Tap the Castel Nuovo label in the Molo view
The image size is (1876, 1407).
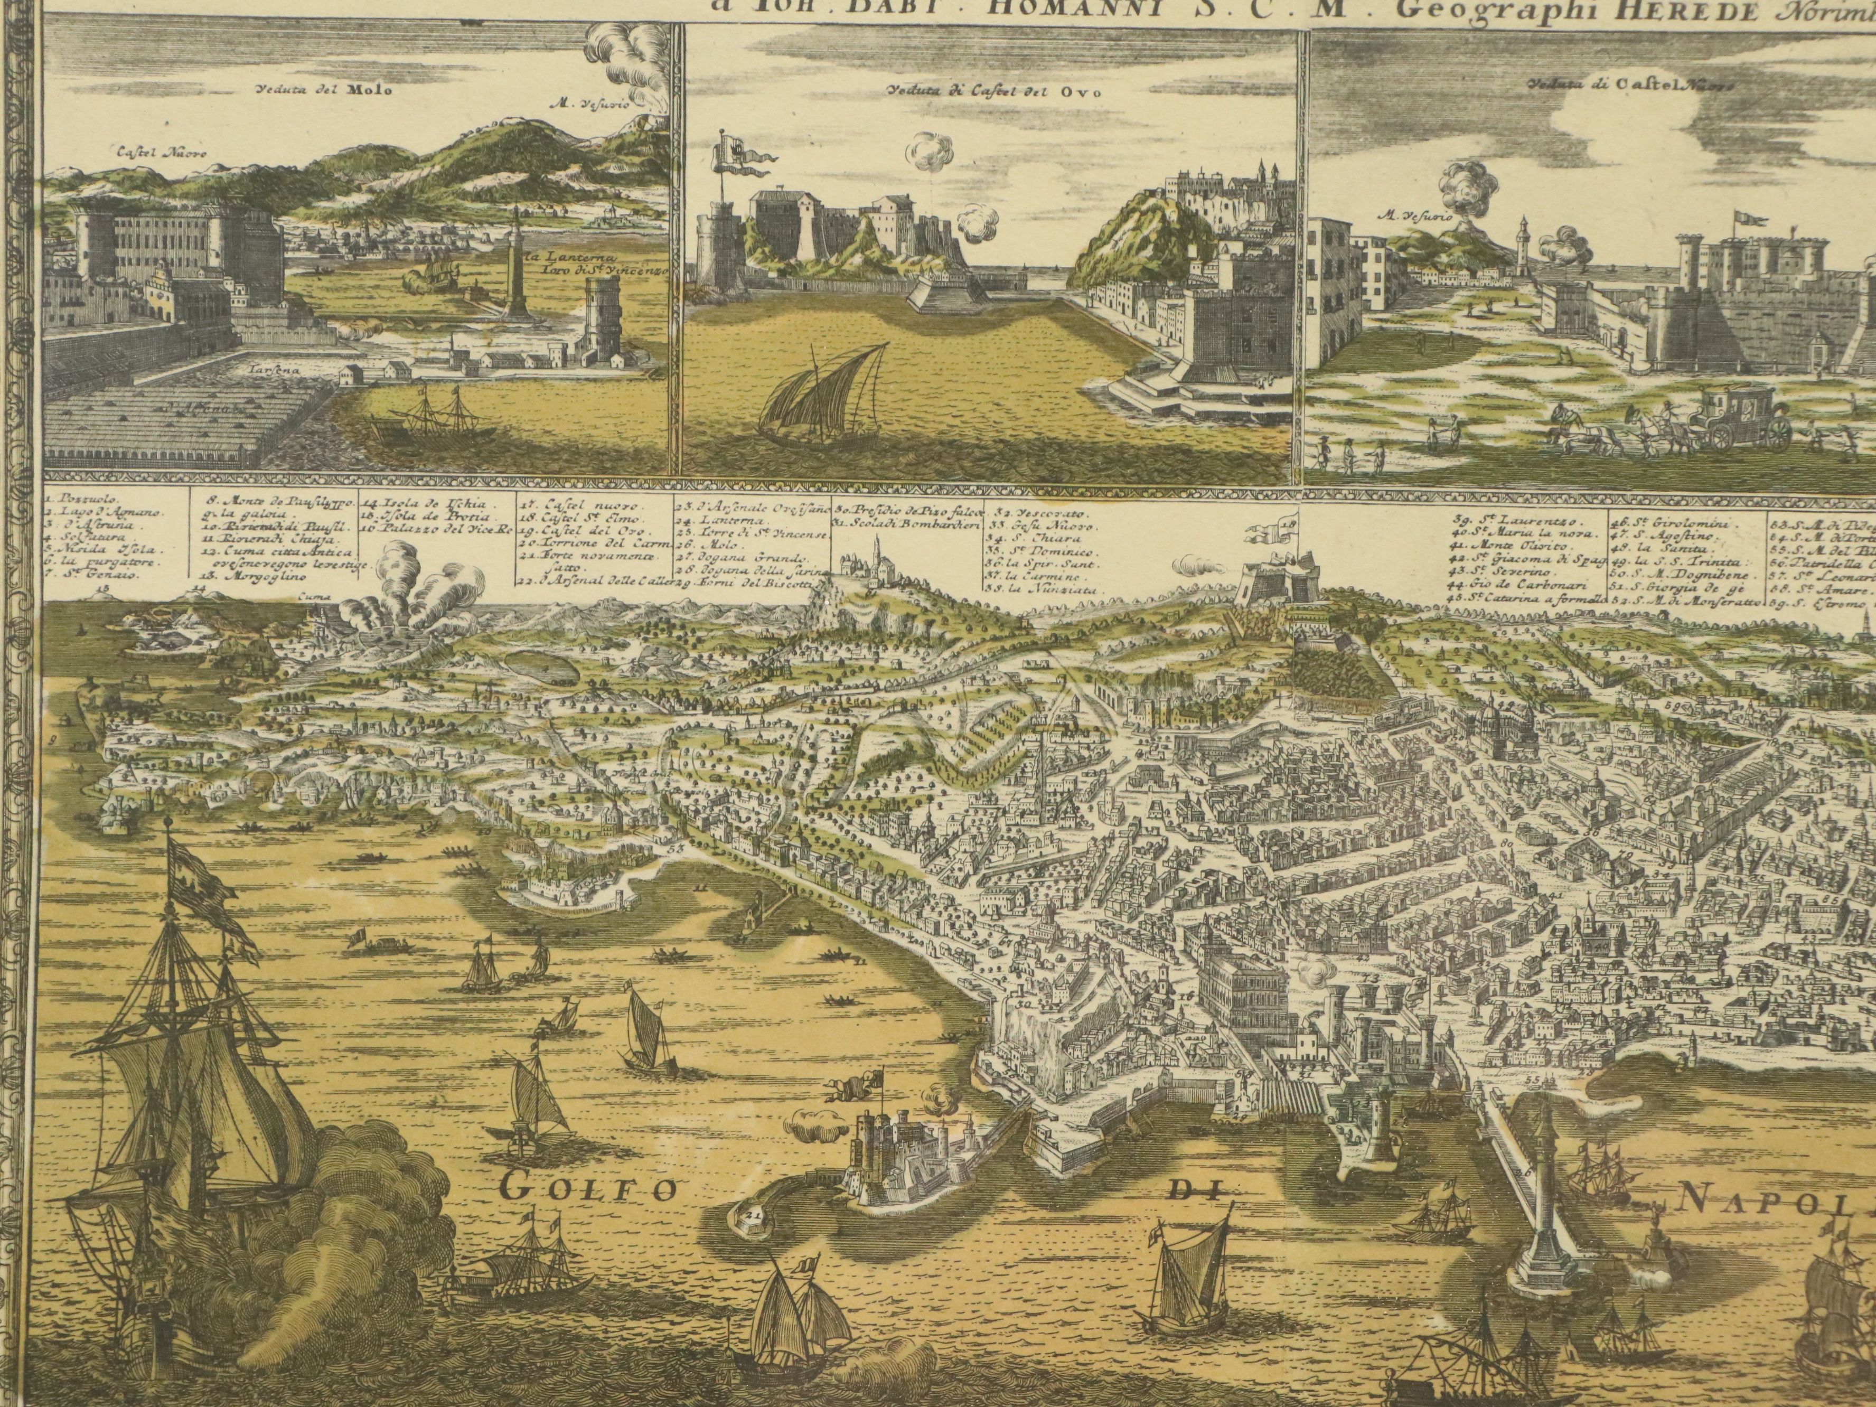click(x=160, y=154)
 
